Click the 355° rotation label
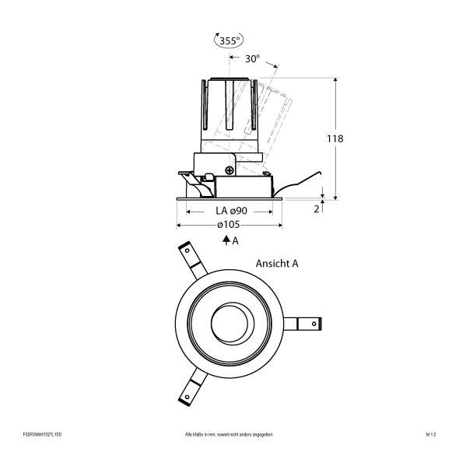(229, 41)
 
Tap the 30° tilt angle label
(252, 58)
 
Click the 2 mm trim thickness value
(316, 209)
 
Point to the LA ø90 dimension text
(229, 211)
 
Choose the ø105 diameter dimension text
(229, 225)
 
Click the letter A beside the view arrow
(236, 241)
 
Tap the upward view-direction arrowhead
(225, 241)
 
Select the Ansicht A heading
(277, 264)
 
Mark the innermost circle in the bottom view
(229, 321)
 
